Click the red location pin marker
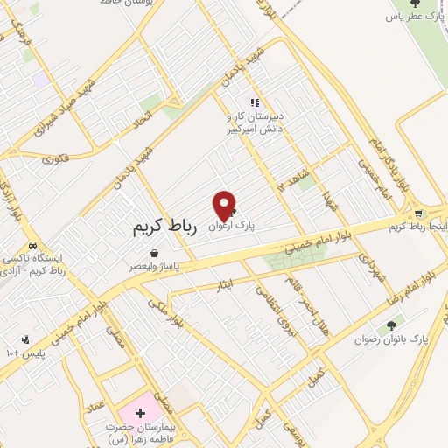pyautogui.click(x=225, y=206)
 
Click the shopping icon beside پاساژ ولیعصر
pyautogui.click(x=154, y=253)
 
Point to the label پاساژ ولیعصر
pyautogui.click(x=155, y=264)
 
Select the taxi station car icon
pyautogui.click(x=32, y=246)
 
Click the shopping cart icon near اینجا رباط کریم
pyautogui.click(x=418, y=213)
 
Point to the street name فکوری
pyautogui.click(x=53, y=158)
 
